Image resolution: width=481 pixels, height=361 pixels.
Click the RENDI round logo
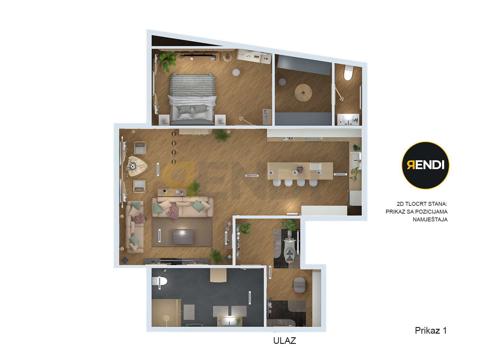[x=425, y=165]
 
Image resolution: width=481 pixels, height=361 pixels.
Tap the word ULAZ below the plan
[x=284, y=341]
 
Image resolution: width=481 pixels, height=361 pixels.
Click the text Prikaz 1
[x=430, y=330]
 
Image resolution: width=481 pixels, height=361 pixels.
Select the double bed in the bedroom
[x=192, y=99]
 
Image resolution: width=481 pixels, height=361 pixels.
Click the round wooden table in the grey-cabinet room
[x=303, y=93]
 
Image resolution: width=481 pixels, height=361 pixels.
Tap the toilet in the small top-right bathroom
[x=348, y=73]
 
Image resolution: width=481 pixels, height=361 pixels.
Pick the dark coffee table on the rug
[x=183, y=237]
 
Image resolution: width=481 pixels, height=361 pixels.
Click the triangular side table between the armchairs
[x=137, y=166]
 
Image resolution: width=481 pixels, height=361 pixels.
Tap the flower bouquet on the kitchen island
[x=300, y=169]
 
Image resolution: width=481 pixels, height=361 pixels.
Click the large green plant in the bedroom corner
[x=167, y=61]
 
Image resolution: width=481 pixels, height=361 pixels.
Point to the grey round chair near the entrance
[x=299, y=285]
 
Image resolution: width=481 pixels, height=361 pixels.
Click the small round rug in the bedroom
[x=236, y=72]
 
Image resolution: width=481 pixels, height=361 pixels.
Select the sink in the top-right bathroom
[x=348, y=119]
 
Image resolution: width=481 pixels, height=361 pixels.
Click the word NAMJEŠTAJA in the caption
[x=430, y=219]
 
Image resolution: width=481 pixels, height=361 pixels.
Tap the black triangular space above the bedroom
[x=180, y=41]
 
